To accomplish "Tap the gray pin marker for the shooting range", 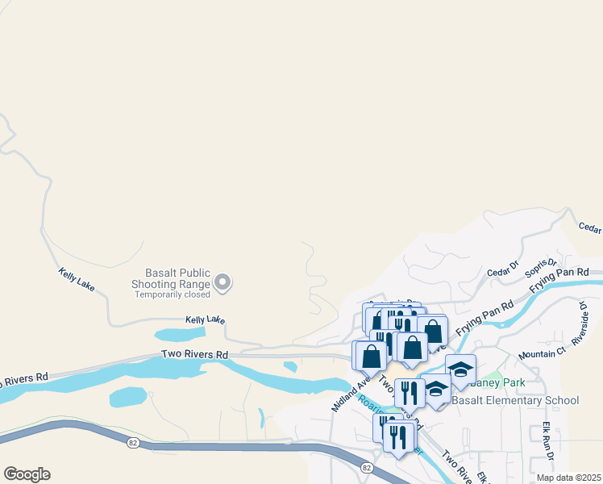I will click(223, 282).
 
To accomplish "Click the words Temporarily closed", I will click(173, 294).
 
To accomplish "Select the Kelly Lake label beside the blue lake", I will click(205, 320).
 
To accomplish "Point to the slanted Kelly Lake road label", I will click(77, 280).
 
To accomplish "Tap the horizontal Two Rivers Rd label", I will click(194, 354).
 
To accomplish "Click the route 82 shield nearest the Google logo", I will click(131, 442).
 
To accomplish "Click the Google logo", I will click(27, 474).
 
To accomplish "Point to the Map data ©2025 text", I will click(568, 478).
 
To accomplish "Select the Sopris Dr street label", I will click(541, 268).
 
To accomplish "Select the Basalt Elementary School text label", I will click(515, 400).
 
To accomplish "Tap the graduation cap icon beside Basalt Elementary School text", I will click(437, 389).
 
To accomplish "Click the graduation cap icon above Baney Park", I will click(460, 369).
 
